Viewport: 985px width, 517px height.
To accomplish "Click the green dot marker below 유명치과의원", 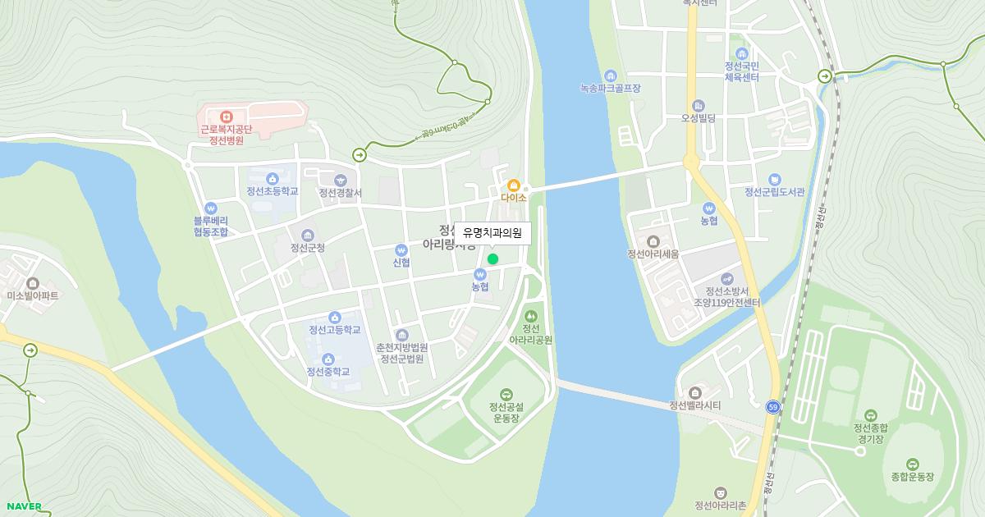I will (x=492, y=259).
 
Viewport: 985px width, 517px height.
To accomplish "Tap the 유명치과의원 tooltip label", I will (x=492, y=233).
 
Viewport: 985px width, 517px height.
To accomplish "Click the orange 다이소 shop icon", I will (x=514, y=185).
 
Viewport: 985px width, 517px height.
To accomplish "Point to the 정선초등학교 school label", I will (x=272, y=191).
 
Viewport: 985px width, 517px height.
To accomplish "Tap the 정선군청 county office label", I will (x=308, y=247).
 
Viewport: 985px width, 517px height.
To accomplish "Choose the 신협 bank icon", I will (x=401, y=249).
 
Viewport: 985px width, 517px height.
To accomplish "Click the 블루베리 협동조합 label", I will (x=211, y=226).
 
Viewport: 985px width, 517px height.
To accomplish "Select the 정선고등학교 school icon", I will (x=335, y=318).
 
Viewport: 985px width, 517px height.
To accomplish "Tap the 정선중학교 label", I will (x=328, y=372).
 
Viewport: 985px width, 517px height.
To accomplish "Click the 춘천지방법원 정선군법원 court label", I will (x=402, y=353).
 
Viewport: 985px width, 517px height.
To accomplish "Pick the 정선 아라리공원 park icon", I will (x=531, y=315).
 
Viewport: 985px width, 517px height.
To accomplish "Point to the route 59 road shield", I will (x=772, y=406).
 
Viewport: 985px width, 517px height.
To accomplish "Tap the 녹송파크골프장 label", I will (x=610, y=88).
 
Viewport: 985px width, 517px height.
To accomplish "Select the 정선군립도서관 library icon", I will (x=774, y=180).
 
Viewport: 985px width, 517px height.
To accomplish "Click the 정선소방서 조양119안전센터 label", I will (x=726, y=296).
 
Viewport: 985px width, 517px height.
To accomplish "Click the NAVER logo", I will (x=23, y=506).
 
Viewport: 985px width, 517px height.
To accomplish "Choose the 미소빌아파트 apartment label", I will (x=33, y=295).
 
